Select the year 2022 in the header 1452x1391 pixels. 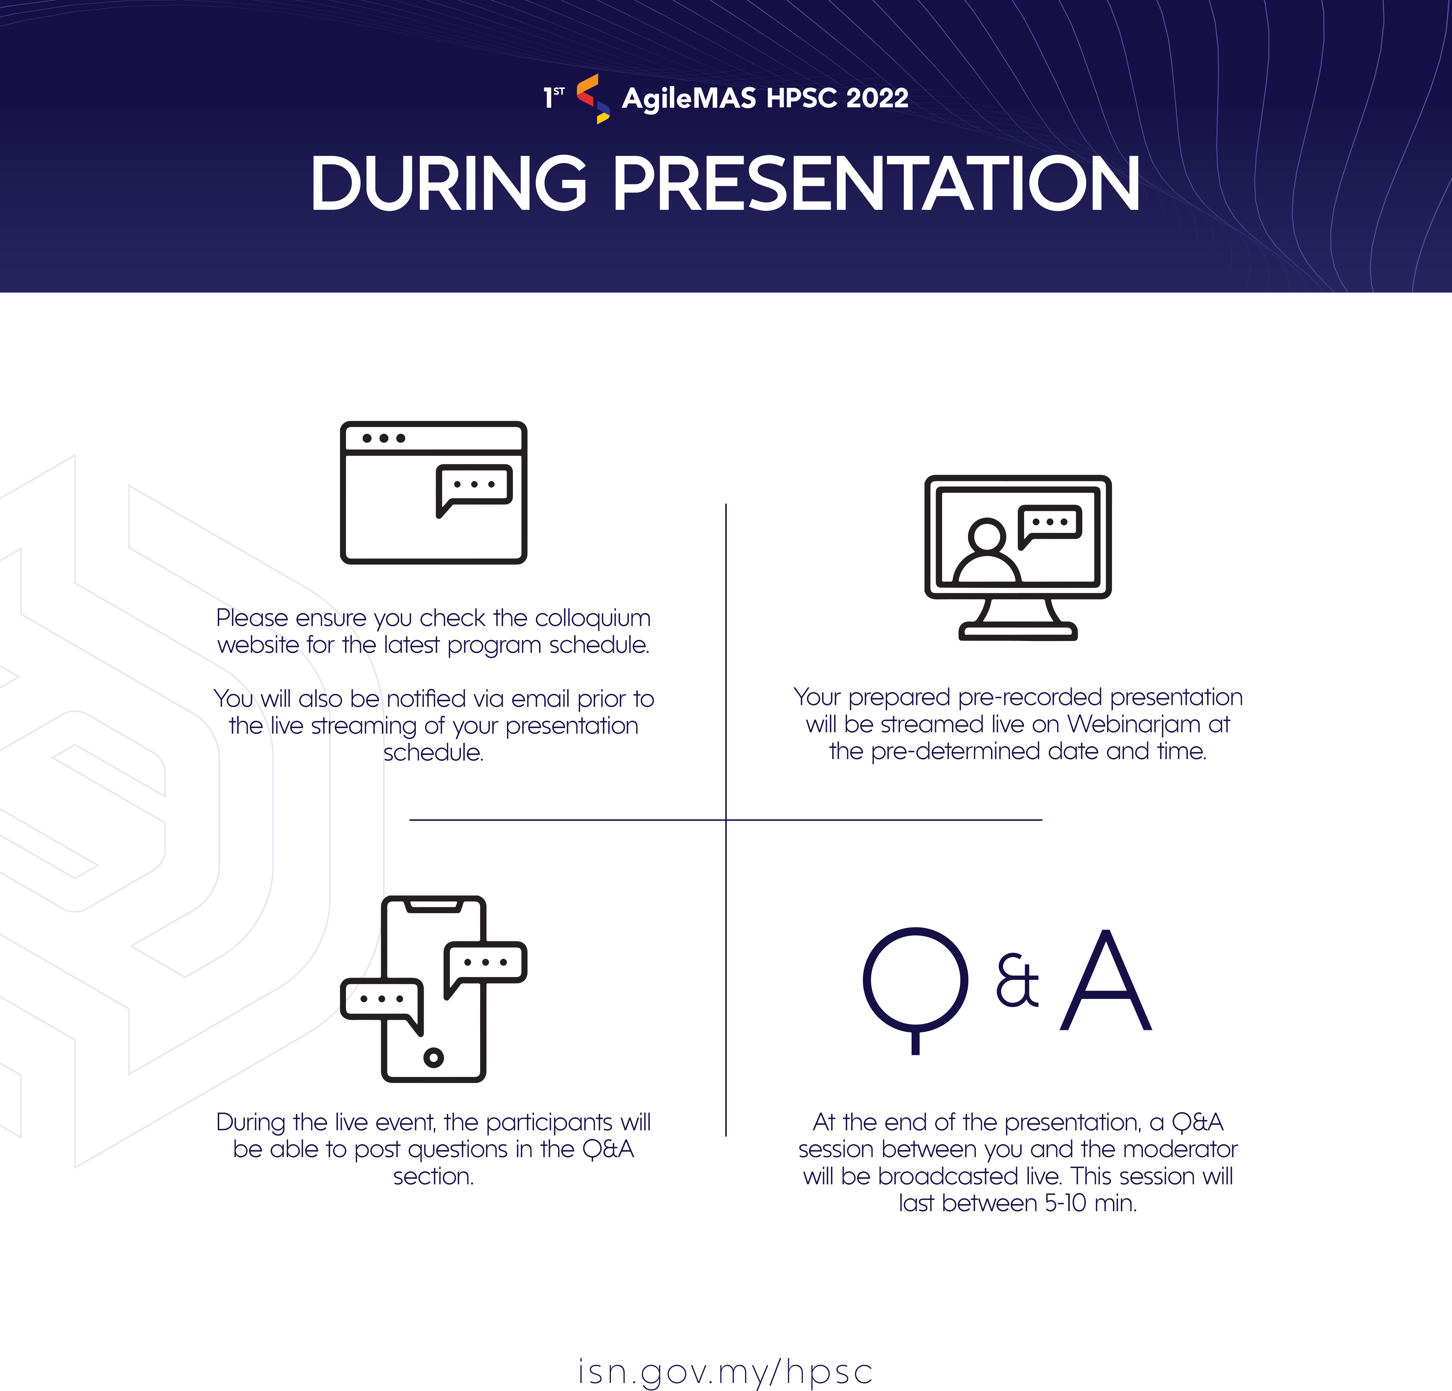click(x=877, y=98)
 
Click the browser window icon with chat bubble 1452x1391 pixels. click(x=433, y=492)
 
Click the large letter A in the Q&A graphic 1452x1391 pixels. click(x=1106, y=980)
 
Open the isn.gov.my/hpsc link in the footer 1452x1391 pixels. click(x=725, y=1372)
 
